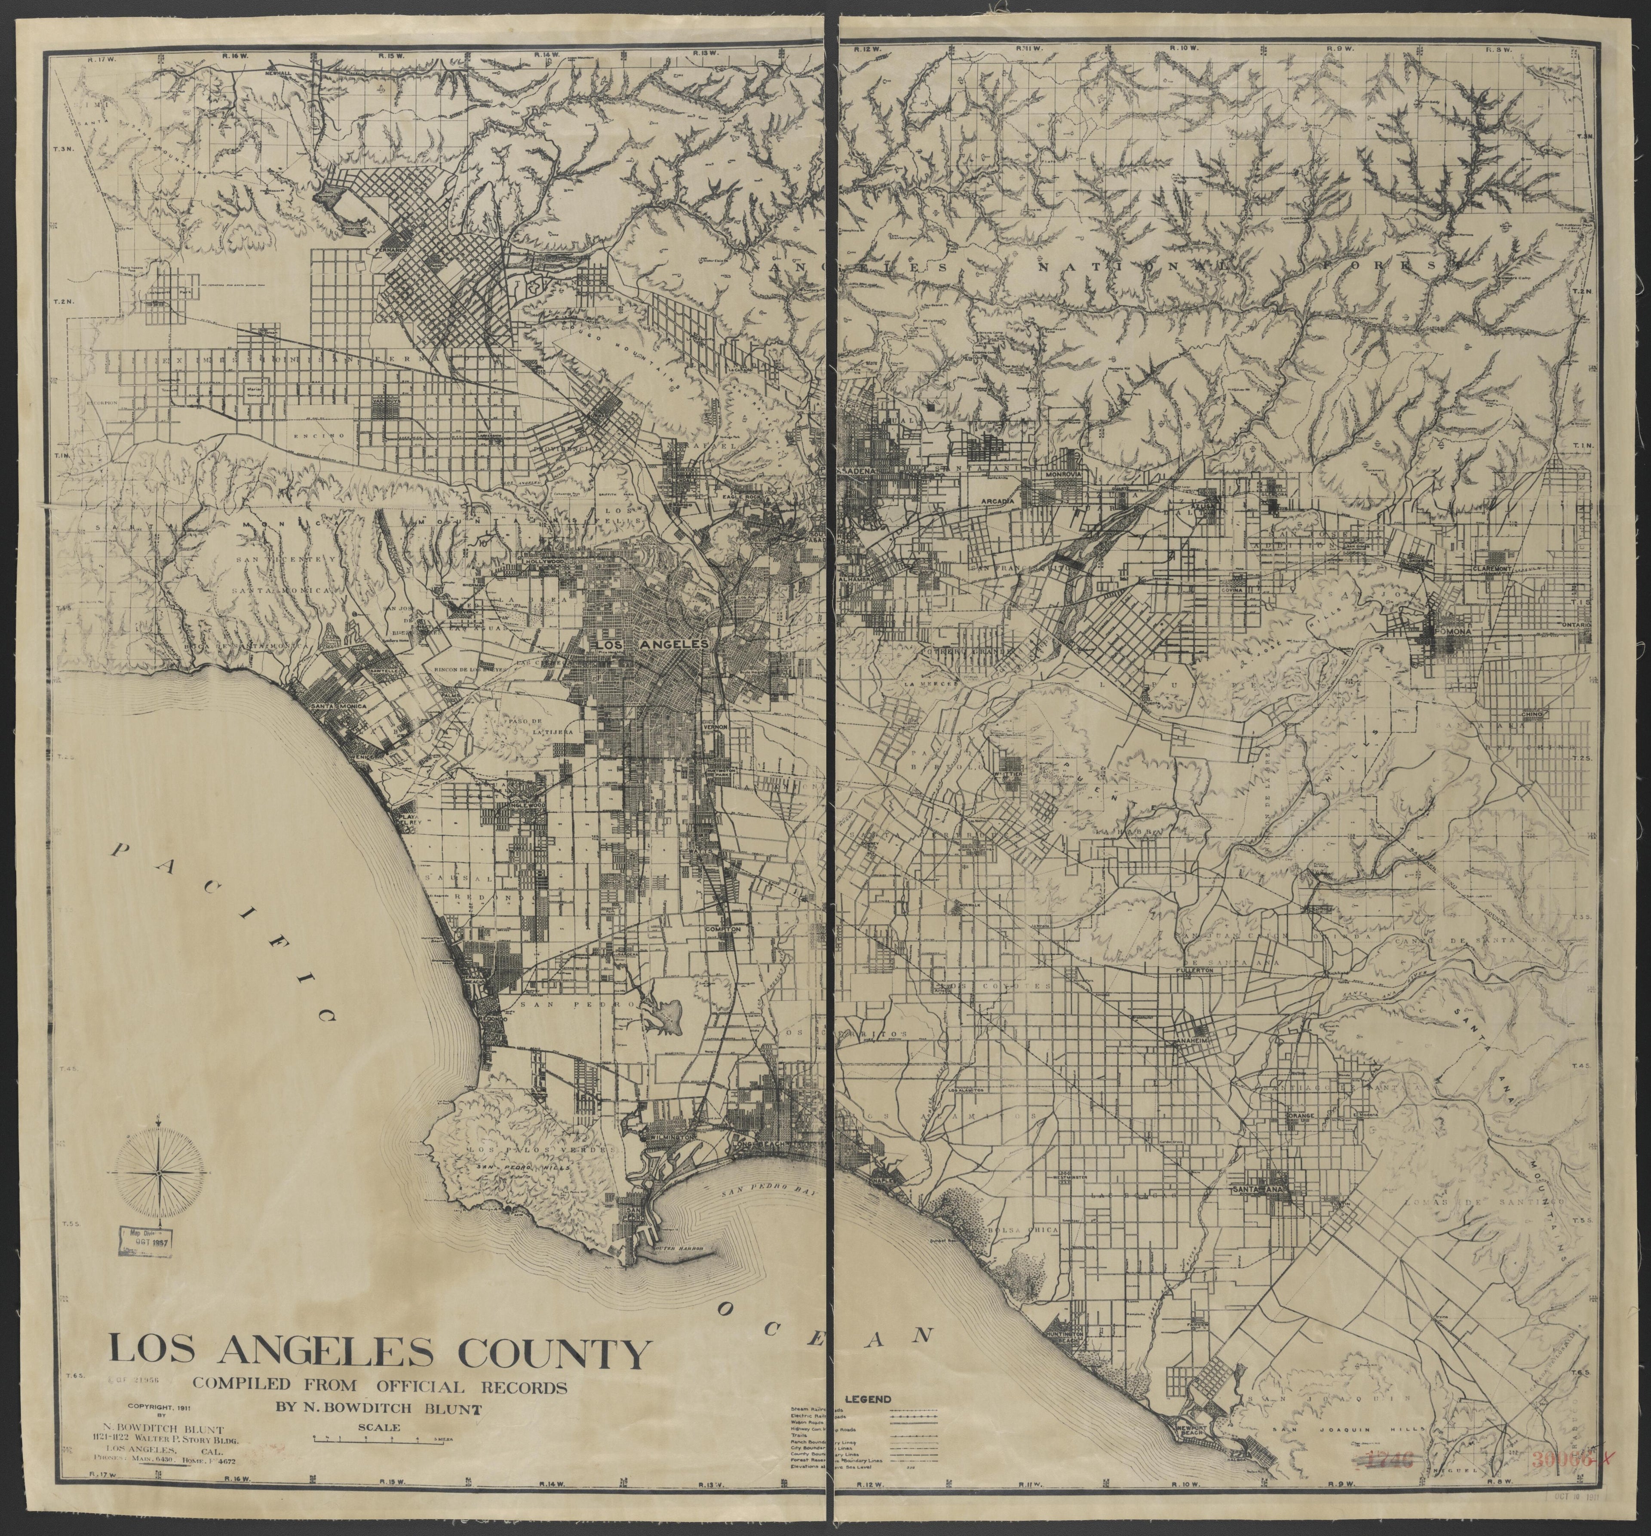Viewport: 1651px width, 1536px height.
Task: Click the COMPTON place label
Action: (x=722, y=930)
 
